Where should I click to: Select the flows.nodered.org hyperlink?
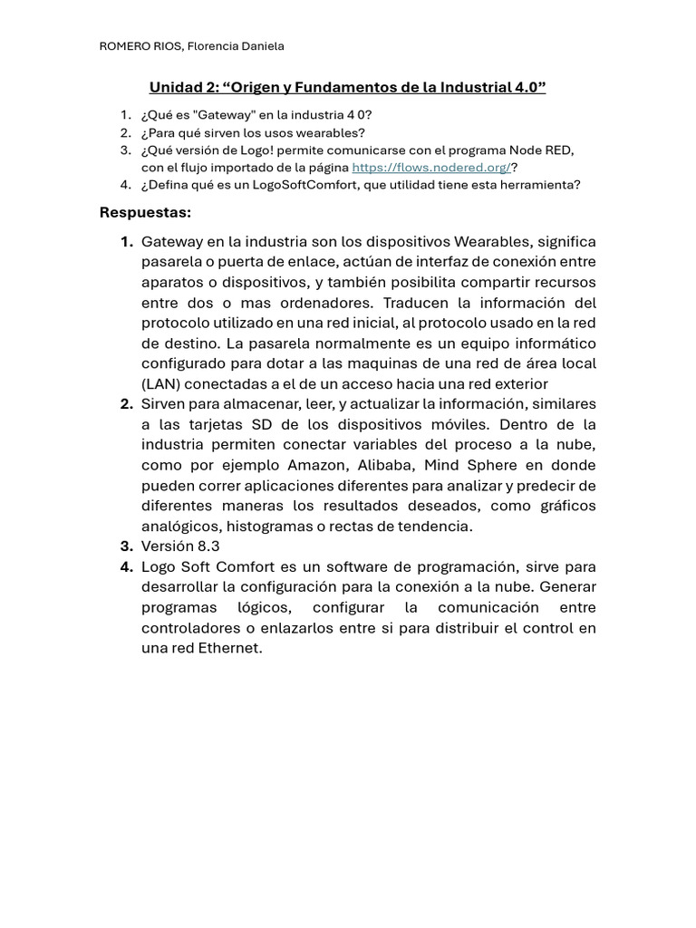[x=431, y=168]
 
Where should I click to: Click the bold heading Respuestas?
[x=145, y=212]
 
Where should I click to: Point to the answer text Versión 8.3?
[x=180, y=546]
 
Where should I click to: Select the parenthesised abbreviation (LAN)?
[x=160, y=383]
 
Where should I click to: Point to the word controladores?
[x=188, y=627]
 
